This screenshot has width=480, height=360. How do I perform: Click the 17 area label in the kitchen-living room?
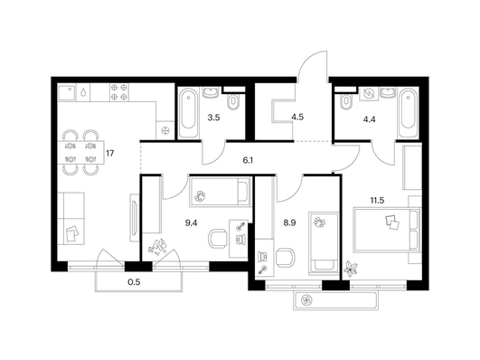pos(110,153)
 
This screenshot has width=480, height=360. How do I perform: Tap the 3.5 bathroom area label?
pos(213,118)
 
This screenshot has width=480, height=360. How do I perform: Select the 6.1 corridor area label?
pos(248,160)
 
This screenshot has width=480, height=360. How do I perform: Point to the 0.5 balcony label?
pos(134,282)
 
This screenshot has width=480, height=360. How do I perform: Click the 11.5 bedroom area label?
pos(377,201)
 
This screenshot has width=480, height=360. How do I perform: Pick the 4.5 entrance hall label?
pos(297,117)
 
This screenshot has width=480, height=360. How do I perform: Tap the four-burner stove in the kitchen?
pos(119,92)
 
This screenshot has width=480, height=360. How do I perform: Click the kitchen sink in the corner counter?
pos(67,92)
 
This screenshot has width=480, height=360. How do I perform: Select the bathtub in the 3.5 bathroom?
pos(188,113)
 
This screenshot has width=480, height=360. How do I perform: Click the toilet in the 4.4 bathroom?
pos(346,101)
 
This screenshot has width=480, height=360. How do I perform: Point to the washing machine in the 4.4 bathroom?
pos(369,93)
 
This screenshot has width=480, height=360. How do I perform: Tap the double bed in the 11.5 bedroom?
pos(386,230)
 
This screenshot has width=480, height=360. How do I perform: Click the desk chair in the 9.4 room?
pos(218,240)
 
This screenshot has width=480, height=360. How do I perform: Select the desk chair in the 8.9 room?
pos(285,258)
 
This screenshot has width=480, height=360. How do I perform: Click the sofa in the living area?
pos(71,219)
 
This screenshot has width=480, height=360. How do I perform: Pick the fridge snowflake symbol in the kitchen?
pos(165,131)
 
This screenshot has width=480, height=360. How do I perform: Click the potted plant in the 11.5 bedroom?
pos(350,268)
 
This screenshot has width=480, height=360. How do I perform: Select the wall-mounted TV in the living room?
pos(134,218)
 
